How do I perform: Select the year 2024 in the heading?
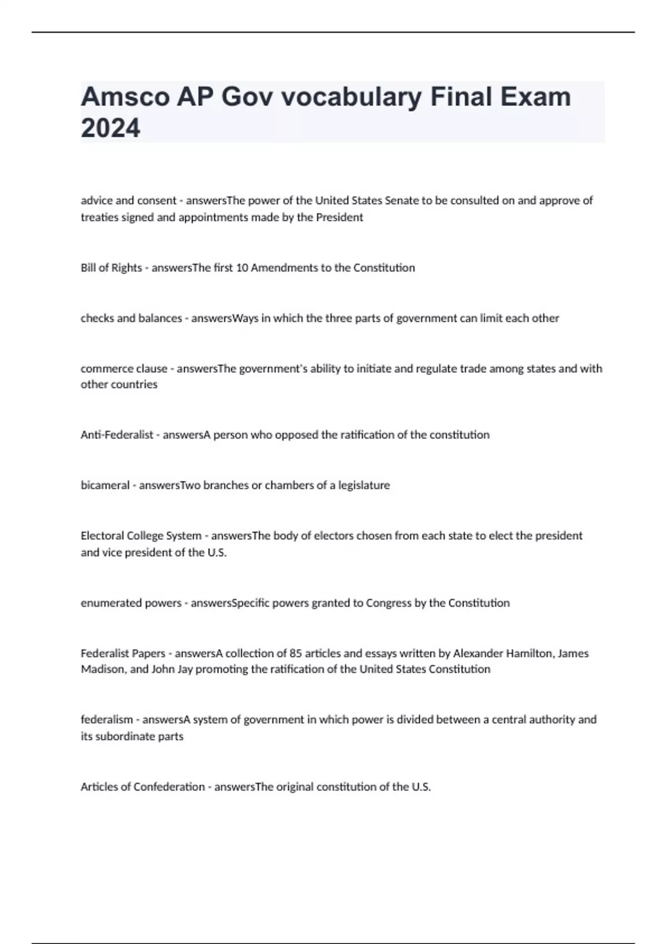pos(111,129)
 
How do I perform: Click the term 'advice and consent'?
pos(128,200)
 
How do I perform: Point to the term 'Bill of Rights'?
pos(111,268)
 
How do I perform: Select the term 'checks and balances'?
pos(131,318)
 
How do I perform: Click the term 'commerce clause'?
pos(123,369)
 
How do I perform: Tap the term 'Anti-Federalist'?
pos(117,435)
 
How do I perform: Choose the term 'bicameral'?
pos(104,485)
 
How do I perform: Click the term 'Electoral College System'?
pos(141,536)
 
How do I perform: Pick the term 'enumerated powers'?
pos(131,603)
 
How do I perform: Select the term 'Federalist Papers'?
pos(123,654)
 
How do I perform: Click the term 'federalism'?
pos(107,720)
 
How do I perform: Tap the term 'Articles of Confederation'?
pos(142,787)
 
